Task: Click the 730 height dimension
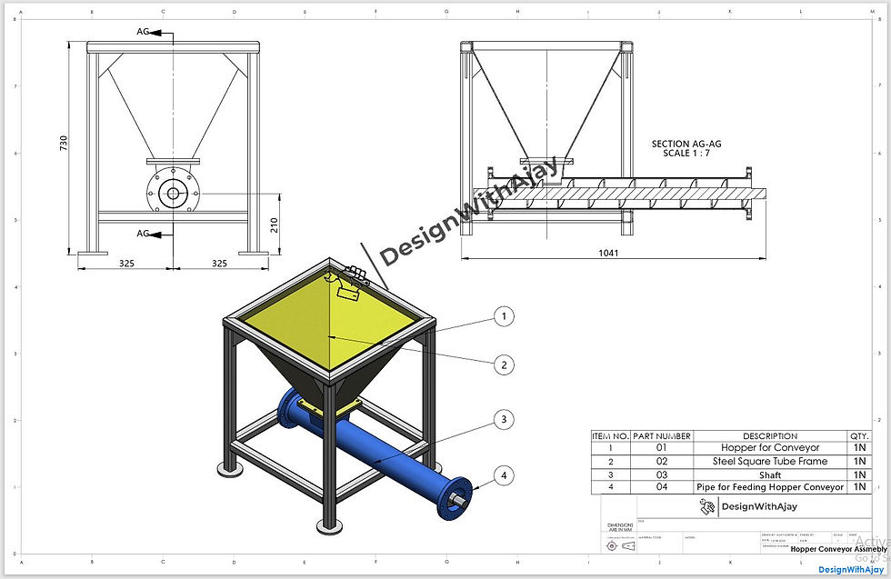coord(64,143)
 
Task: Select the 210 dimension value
coord(275,225)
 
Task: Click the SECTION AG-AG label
coord(686,144)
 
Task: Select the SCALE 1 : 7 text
coord(686,153)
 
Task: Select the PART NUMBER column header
coord(661,436)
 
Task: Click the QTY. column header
coord(858,436)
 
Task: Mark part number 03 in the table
coord(661,474)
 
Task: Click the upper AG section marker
coord(144,32)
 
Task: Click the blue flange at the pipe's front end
coord(456,496)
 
